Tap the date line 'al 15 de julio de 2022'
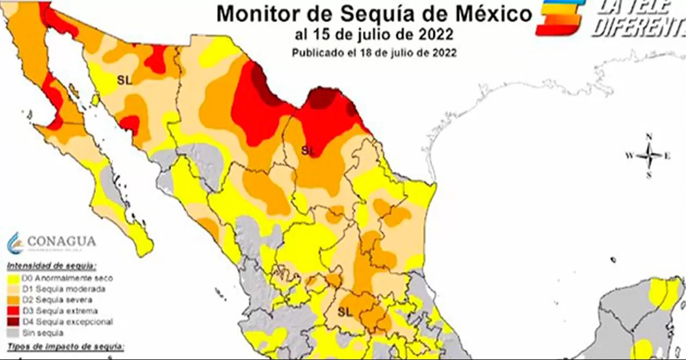(x=374, y=35)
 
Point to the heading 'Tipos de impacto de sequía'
(x=65, y=347)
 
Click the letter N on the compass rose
(x=649, y=137)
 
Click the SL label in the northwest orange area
(x=124, y=80)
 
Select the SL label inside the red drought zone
(x=308, y=150)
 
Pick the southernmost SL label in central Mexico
(x=344, y=311)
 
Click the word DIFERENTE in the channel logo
(x=637, y=27)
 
